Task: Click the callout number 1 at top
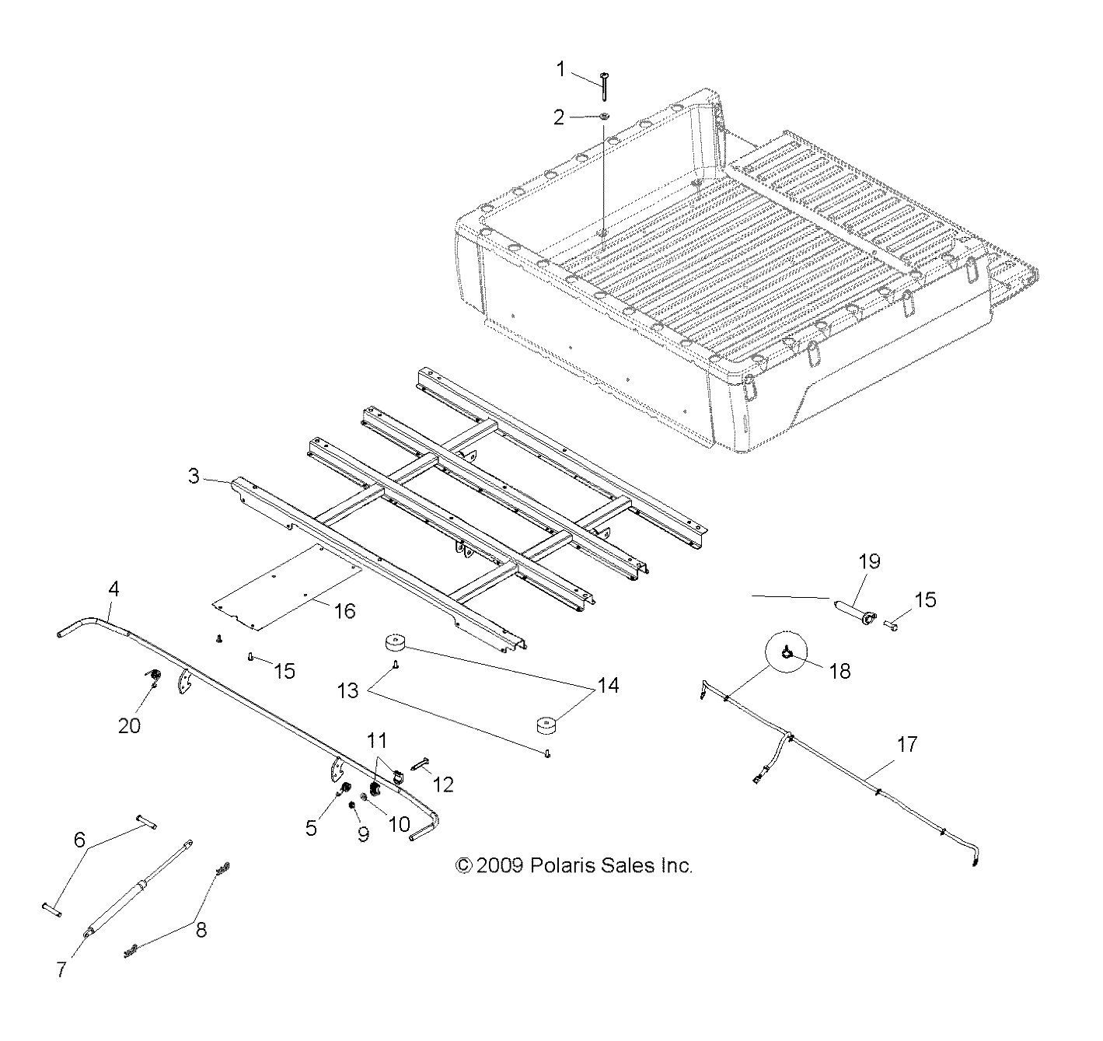coord(560,70)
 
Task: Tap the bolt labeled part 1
coord(604,85)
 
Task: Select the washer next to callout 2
coord(604,117)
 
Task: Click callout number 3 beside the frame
coord(194,477)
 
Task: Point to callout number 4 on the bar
coord(113,590)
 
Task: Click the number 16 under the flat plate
coord(344,611)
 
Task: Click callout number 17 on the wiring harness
coord(906,745)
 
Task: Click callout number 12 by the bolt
coord(442,784)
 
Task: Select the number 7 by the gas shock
coord(62,969)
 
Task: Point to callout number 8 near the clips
coord(201,929)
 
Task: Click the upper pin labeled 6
coord(145,822)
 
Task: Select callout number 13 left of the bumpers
coord(348,690)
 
